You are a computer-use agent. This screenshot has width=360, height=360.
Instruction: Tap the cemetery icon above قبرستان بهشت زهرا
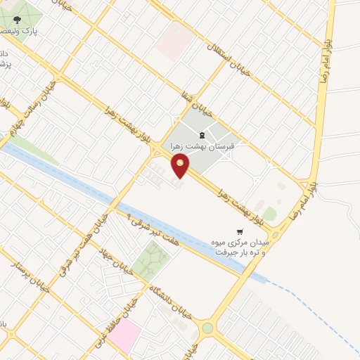(x=202, y=135)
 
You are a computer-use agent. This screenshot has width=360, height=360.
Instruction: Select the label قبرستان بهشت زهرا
(x=202, y=148)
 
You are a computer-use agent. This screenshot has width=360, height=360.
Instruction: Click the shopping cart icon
(x=240, y=231)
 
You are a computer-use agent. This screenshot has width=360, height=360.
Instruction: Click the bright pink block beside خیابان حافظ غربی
(x=124, y=337)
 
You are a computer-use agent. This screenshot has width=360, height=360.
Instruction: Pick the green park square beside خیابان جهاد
(x=151, y=260)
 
